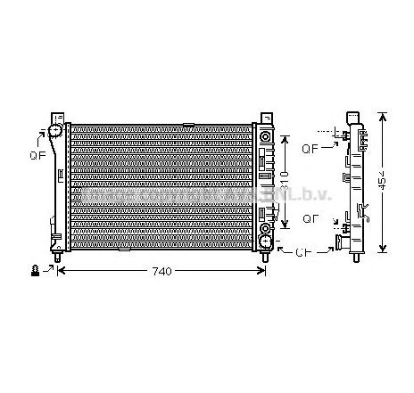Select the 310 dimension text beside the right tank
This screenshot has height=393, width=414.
tap(284, 183)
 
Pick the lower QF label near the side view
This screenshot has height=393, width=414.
tap(311, 217)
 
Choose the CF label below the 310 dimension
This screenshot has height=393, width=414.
tap(304, 253)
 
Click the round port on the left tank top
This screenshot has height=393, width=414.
tap(56, 133)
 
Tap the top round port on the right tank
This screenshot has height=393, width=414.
tap(265, 136)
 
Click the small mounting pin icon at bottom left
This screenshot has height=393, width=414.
tap(35, 268)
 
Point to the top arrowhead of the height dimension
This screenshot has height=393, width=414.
tap(382, 117)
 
